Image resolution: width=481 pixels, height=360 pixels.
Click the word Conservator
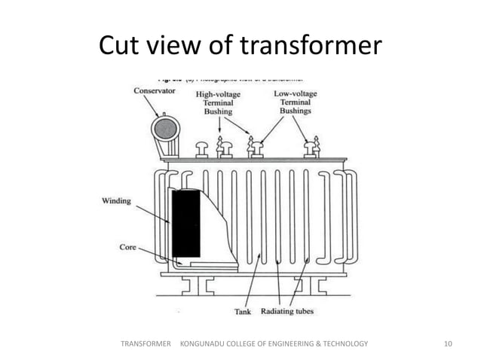coord(155,90)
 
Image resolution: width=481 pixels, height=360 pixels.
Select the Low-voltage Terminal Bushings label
coord(296,103)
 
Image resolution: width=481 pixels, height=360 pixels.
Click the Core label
coord(127,246)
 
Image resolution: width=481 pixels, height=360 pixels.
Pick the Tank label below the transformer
coord(244,310)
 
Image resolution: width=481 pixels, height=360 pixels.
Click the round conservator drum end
coord(164,129)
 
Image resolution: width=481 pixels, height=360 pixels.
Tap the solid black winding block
coord(186,223)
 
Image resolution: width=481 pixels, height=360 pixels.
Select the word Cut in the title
coord(120,47)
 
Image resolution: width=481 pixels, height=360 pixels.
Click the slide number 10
coord(449,344)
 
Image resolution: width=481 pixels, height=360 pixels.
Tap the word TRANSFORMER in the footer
coord(146,344)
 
